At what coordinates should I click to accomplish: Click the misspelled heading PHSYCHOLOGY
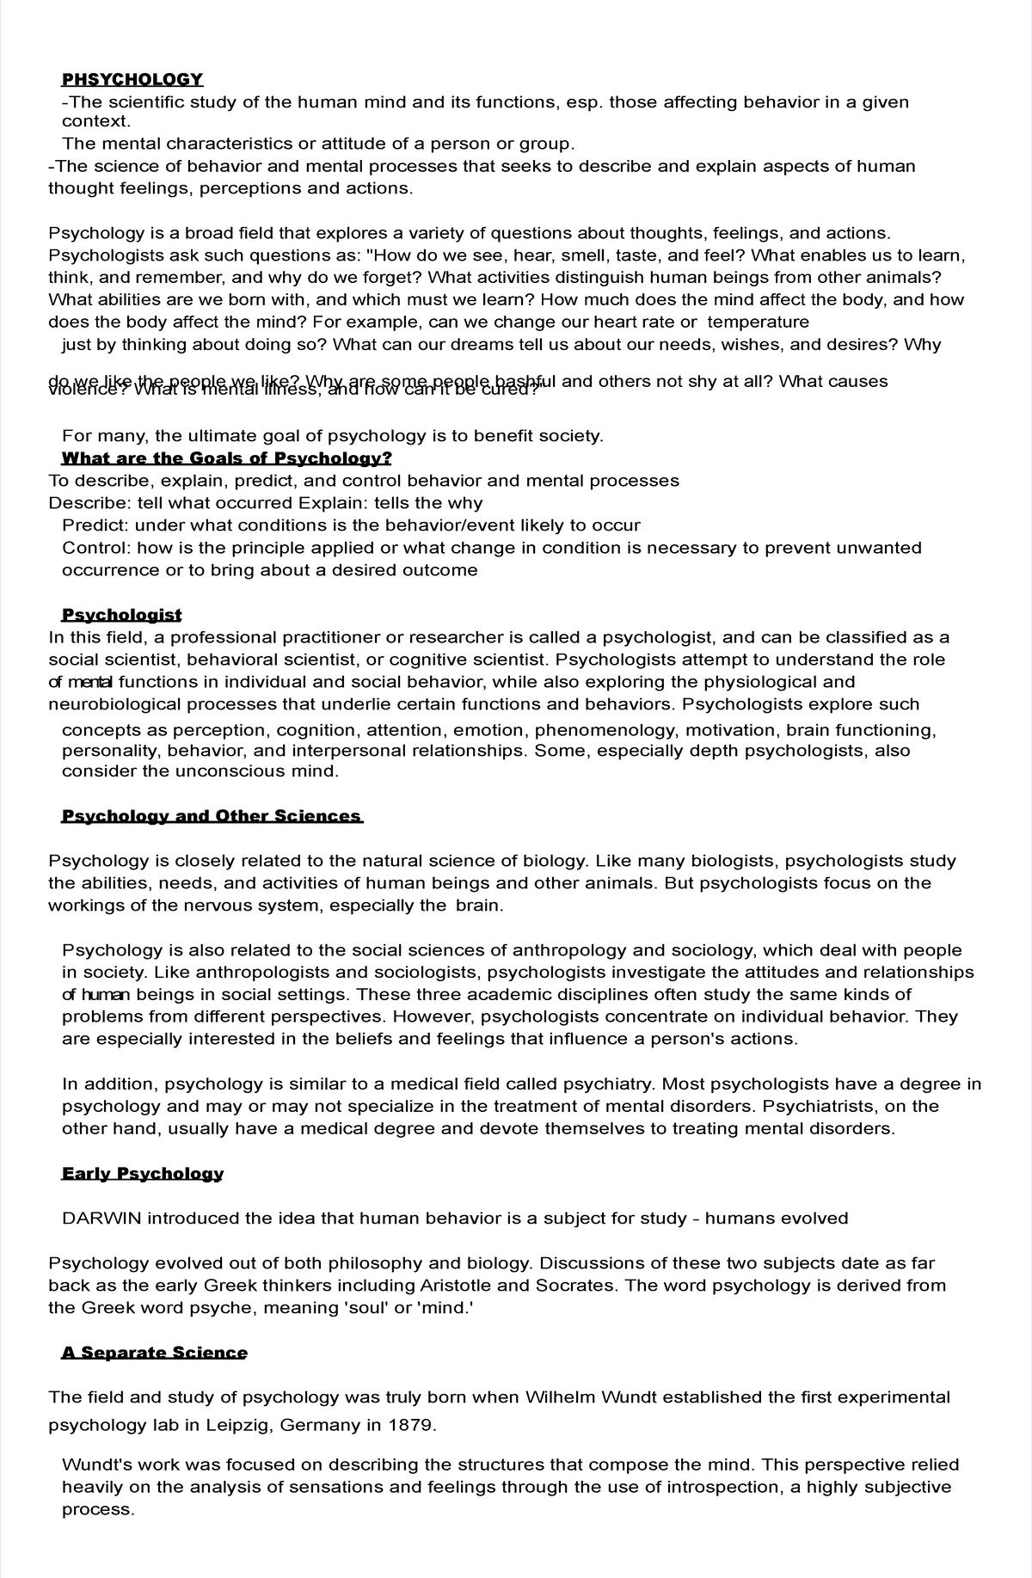[132, 80]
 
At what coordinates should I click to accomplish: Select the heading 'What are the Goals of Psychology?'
[226, 458]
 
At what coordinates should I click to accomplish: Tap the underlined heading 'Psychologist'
[121, 615]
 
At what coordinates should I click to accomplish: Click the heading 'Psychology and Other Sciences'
[212, 816]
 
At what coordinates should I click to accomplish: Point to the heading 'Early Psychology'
[143, 1174]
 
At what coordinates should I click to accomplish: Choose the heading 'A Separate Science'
[154, 1353]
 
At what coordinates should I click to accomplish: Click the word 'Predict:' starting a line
[95, 525]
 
